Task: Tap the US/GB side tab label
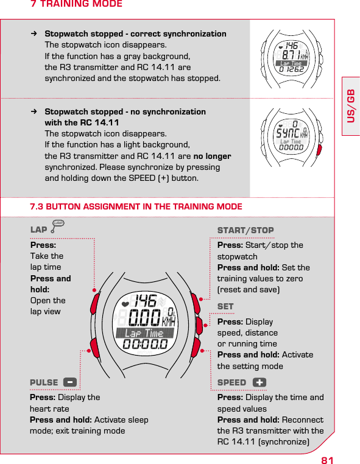tap(351, 106)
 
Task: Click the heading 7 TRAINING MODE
tap(76, 5)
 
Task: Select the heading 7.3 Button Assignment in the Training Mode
tap(136, 207)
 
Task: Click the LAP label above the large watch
tap(39, 230)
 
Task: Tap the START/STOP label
tap(245, 230)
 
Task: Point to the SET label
tap(225, 306)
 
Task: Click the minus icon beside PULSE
tap(70, 382)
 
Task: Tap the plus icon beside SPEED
tap(259, 382)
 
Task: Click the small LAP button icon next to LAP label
tap(58, 225)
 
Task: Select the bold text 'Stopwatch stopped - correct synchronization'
tap(136, 34)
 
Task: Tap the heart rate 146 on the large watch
tap(145, 301)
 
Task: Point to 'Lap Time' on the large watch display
tap(144, 333)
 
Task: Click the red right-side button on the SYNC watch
tap(319, 149)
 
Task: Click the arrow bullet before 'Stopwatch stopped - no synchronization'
tap(35, 112)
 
